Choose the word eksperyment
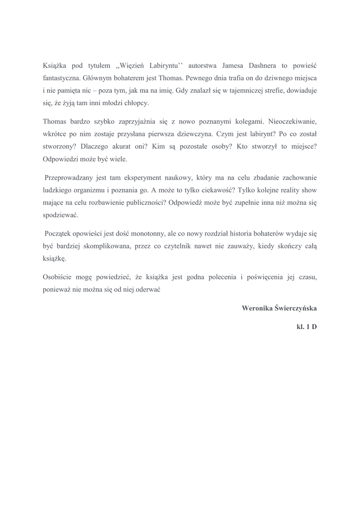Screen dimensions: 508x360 149,177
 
